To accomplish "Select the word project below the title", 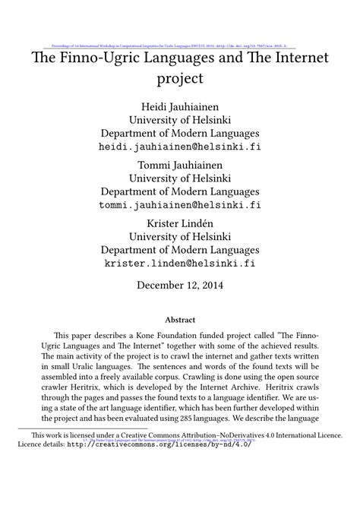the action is pos(180,77).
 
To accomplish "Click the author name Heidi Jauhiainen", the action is pos(180,104).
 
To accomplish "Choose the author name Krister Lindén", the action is pos(180,223).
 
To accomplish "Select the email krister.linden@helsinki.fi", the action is pos(180,263).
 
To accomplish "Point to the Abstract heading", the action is pos(180,320).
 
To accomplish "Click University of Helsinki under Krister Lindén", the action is pos(180,236).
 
